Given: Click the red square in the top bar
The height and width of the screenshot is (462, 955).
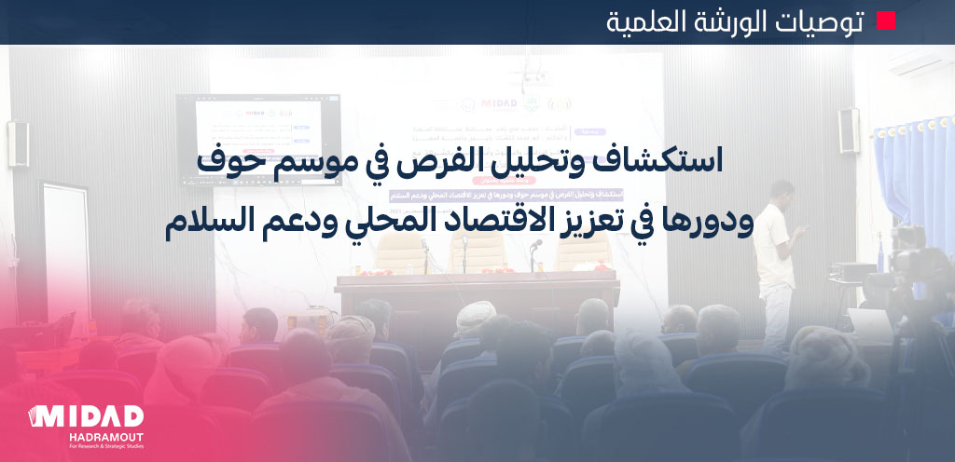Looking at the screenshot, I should click(x=885, y=21).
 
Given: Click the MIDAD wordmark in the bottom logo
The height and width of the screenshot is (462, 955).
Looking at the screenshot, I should click(x=86, y=415).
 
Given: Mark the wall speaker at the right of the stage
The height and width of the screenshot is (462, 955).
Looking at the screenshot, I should click(x=848, y=129).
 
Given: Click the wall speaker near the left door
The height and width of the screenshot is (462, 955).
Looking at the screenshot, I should click(x=17, y=144).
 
